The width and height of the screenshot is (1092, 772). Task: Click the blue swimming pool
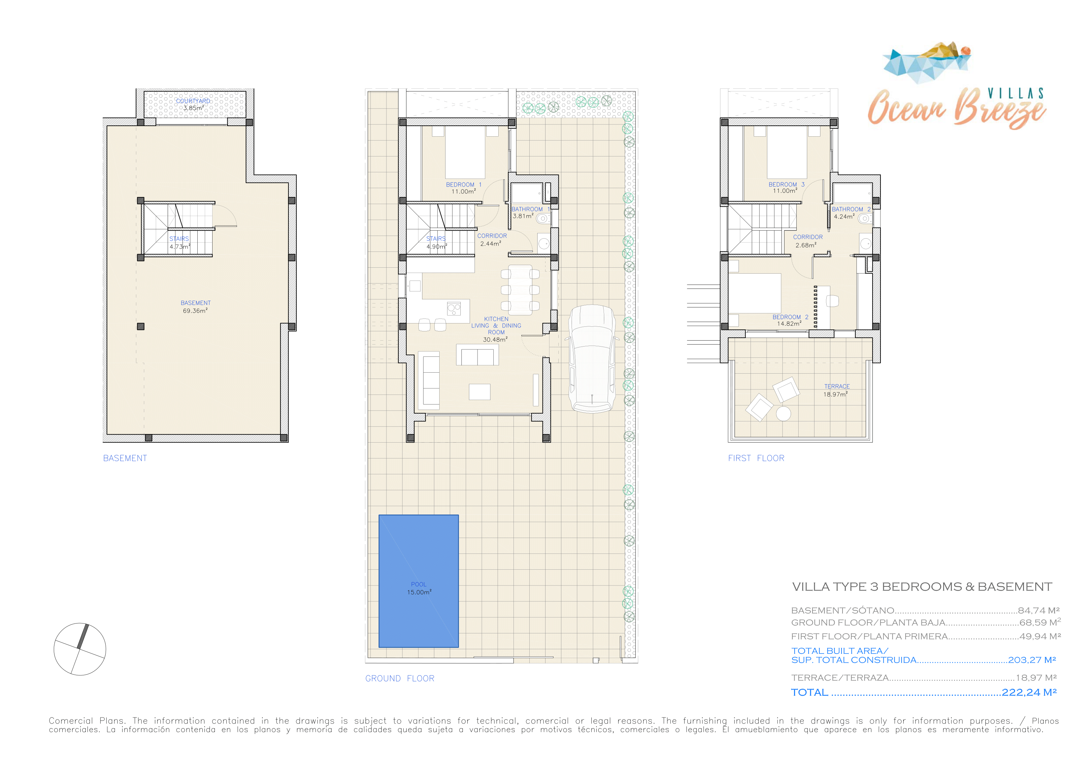[418, 581]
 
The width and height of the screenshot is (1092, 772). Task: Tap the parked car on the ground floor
[592, 359]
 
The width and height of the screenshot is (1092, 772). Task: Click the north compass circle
[80, 649]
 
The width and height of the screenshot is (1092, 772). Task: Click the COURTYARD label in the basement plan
[193, 101]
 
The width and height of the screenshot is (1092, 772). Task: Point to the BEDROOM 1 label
[464, 185]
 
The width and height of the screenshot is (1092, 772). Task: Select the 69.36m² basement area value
[195, 311]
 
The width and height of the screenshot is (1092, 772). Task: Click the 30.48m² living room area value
[495, 340]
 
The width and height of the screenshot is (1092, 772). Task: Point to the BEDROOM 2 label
[790, 317]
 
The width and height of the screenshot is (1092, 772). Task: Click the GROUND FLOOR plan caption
[400, 678]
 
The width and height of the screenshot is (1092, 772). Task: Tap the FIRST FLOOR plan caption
[756, 458]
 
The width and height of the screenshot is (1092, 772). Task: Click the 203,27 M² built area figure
[1032, 660]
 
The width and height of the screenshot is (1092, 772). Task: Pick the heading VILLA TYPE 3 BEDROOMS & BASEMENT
[922, 587]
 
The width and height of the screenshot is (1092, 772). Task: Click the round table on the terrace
[783, 414]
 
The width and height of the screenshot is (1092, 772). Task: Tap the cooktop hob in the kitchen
[454, 309]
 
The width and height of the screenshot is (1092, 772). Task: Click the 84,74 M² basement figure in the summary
[1039, 610]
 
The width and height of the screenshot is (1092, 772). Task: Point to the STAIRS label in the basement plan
[179, 239]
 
